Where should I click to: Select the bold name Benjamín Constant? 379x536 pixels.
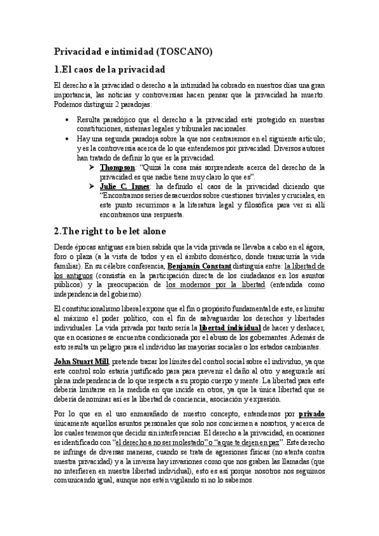point(206,267)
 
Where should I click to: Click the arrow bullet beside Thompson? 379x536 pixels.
point(92,167)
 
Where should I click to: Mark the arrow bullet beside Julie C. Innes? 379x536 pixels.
point(92,187)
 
